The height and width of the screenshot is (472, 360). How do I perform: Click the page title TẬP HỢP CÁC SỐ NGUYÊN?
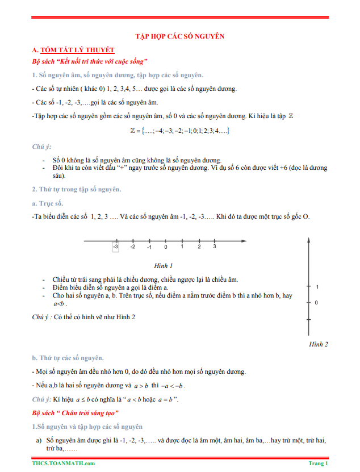pos(179,36)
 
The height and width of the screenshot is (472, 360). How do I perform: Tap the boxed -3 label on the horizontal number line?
pos(116,247)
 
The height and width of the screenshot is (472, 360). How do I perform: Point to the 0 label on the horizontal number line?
pos(166,247)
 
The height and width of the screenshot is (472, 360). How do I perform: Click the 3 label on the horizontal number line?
pos(214,247)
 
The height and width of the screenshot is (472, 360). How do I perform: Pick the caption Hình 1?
pos(163,265)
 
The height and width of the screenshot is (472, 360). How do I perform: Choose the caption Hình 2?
pos(319,344)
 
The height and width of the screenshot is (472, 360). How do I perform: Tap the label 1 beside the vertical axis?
pos(317,287)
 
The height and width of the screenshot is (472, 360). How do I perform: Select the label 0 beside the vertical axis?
pos(316,303)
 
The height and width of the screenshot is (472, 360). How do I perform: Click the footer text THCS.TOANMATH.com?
pos(64,463)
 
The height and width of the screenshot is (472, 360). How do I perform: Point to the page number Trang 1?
pos(318,463)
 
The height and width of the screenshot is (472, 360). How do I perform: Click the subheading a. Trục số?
pos(48,203)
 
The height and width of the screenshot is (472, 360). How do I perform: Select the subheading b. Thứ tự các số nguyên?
pos(68,358)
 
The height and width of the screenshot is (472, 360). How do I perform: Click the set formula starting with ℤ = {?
pos(179,131)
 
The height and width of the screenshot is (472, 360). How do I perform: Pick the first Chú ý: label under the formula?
pos(41,147)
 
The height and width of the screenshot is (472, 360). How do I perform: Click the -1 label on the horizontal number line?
pos(149,247)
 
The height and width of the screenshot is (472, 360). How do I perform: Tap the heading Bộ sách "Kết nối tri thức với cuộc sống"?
pos(90,61)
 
